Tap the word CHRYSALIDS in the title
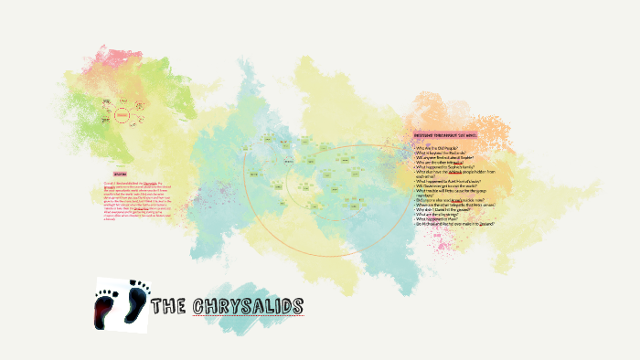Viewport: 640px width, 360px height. click(x=248, y=305)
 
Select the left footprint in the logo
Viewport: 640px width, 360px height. click(x=108, y=307)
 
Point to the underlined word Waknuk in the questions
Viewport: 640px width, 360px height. click(x=455, y=173)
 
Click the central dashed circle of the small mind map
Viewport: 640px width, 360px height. click(x=122, y=116)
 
